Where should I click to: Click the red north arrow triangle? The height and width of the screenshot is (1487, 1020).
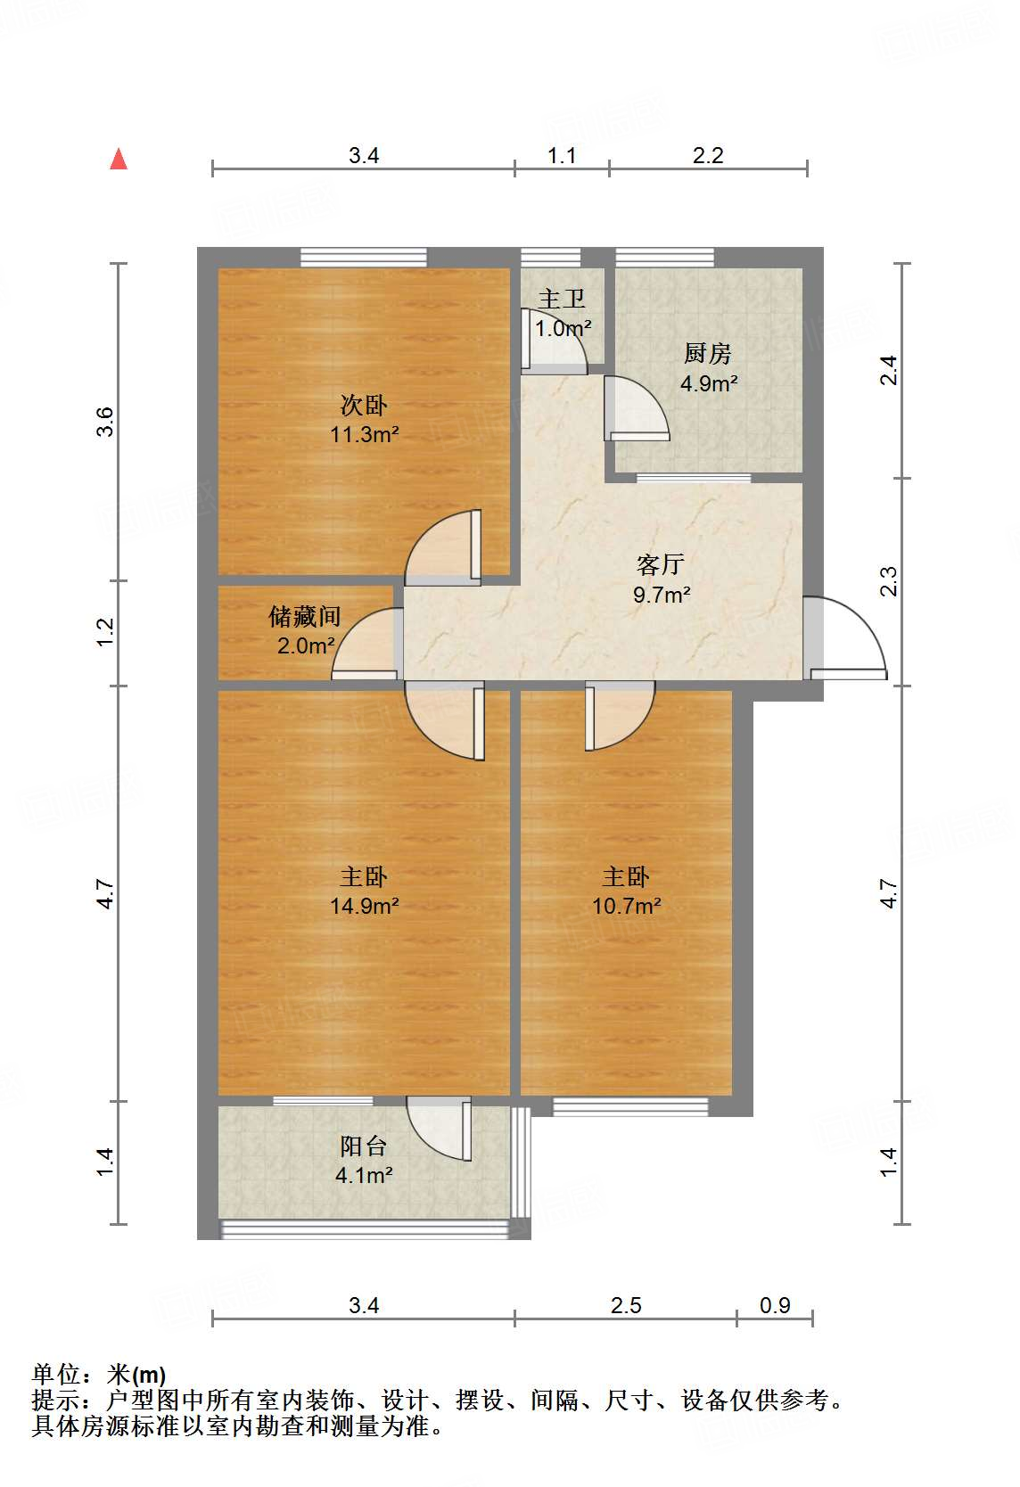pos(119,159)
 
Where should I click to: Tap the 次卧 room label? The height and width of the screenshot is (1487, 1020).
pos(364,406)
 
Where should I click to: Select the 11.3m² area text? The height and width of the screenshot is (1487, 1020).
pos(364,435)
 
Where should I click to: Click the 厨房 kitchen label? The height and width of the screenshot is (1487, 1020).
pos(708,354)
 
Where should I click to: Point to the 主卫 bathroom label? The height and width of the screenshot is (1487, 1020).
pos(562,300)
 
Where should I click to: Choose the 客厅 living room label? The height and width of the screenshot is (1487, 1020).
pos(661,564)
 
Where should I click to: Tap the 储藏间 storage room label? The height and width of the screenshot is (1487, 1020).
pos(305,616)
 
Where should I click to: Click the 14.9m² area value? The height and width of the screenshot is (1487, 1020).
pos(364,907)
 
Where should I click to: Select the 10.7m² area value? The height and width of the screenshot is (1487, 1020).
pos(626,907)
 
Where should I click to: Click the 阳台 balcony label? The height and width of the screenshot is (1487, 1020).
pos(364,1146)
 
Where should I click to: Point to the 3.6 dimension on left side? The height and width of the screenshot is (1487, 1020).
pos(106,421)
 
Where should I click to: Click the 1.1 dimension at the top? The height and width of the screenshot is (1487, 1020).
pos(562,156)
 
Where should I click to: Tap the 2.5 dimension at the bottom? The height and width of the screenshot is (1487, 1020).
pos(626,1306)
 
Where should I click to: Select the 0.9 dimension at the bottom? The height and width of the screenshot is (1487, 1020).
pos(775,1306)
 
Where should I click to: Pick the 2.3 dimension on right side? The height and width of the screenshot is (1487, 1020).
pos(888,581)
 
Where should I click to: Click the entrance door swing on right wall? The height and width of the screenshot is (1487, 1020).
pos(851,637)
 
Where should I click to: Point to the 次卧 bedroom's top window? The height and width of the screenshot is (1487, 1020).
pos(364,257)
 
